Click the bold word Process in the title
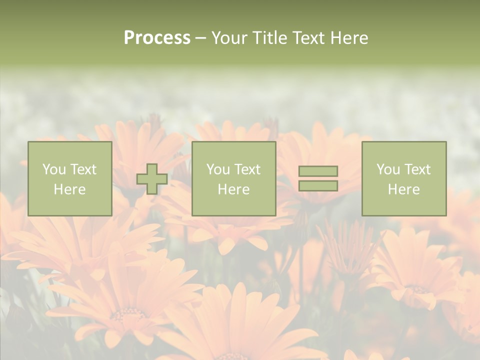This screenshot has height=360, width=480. (157, 38)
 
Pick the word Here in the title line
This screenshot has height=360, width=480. (349, 38)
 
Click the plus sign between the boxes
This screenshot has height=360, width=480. (152, 179)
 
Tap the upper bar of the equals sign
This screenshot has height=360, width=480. (318, 171)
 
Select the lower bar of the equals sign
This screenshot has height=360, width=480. (318, 185)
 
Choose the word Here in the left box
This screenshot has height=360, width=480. (69, 189)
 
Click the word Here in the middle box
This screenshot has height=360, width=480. (233, 189)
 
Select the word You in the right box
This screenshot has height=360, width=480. (388, 169)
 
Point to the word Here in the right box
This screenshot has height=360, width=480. (403, 189)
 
